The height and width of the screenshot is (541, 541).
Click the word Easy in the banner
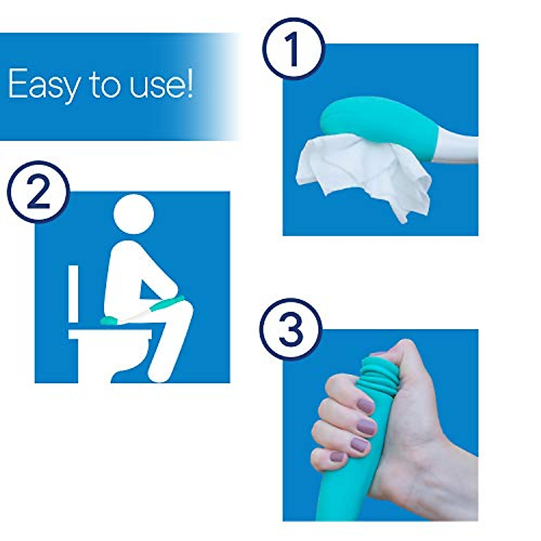tap(43, 84)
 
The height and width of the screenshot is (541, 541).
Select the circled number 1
tap(293, 49)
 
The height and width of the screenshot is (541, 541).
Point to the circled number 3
tap(291, 329)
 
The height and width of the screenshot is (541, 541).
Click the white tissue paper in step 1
tap(361, 171)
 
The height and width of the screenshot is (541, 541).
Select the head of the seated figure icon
tap(134, 214)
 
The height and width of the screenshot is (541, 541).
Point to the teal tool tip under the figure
tap(108, 321)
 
